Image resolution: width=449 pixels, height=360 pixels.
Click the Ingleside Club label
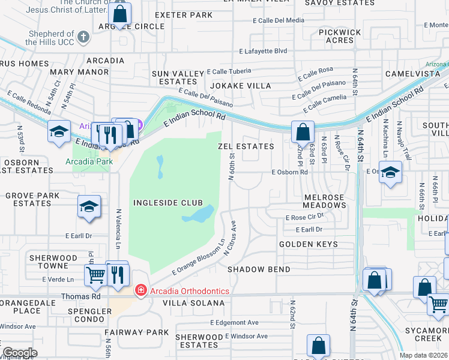[167, 203]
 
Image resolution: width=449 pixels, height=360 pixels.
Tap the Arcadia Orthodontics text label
[189, 291]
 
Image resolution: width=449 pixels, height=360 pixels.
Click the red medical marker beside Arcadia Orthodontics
[141, 291]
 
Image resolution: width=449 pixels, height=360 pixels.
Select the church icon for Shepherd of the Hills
[83, 37]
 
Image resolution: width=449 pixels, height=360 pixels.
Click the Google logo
[19, 353]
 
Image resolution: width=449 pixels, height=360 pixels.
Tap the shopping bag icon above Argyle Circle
[120, 13]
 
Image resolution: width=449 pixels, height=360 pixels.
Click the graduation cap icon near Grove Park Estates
[89, 207]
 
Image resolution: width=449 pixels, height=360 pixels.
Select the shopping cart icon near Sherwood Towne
[95, 275]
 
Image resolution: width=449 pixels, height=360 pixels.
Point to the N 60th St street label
[231, 166]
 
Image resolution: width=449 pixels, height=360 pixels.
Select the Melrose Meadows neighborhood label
[325, 201]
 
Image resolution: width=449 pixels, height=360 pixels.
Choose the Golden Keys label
[308, 244]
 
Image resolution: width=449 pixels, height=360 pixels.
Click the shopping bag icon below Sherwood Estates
[318, 346]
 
